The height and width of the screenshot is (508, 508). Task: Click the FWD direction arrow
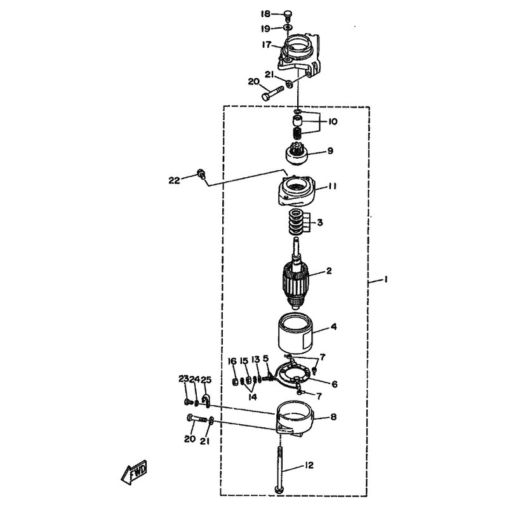click(x=134, y=472)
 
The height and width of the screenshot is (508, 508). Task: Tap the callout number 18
click(x=265, y=14)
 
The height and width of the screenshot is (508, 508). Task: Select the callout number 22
click(x=174, y=180)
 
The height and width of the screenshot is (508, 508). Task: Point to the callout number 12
click(x=309, y=465)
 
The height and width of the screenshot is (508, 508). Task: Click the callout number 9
click(x=330, y=150)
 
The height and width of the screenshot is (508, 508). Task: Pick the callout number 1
click(x=385, y=279)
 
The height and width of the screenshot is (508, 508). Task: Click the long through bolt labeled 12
click(x=279, y=470)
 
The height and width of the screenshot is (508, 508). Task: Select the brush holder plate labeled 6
click(x=293, y=375)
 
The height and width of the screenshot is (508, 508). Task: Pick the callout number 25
click(x=205, y=379)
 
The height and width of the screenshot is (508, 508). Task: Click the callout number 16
click(x=232, y=361)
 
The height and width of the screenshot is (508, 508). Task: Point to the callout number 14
click(x=253, y=397)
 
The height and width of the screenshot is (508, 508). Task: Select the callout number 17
click(x=266, y=44)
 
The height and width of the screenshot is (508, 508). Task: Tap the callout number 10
click(x=332, y=121)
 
